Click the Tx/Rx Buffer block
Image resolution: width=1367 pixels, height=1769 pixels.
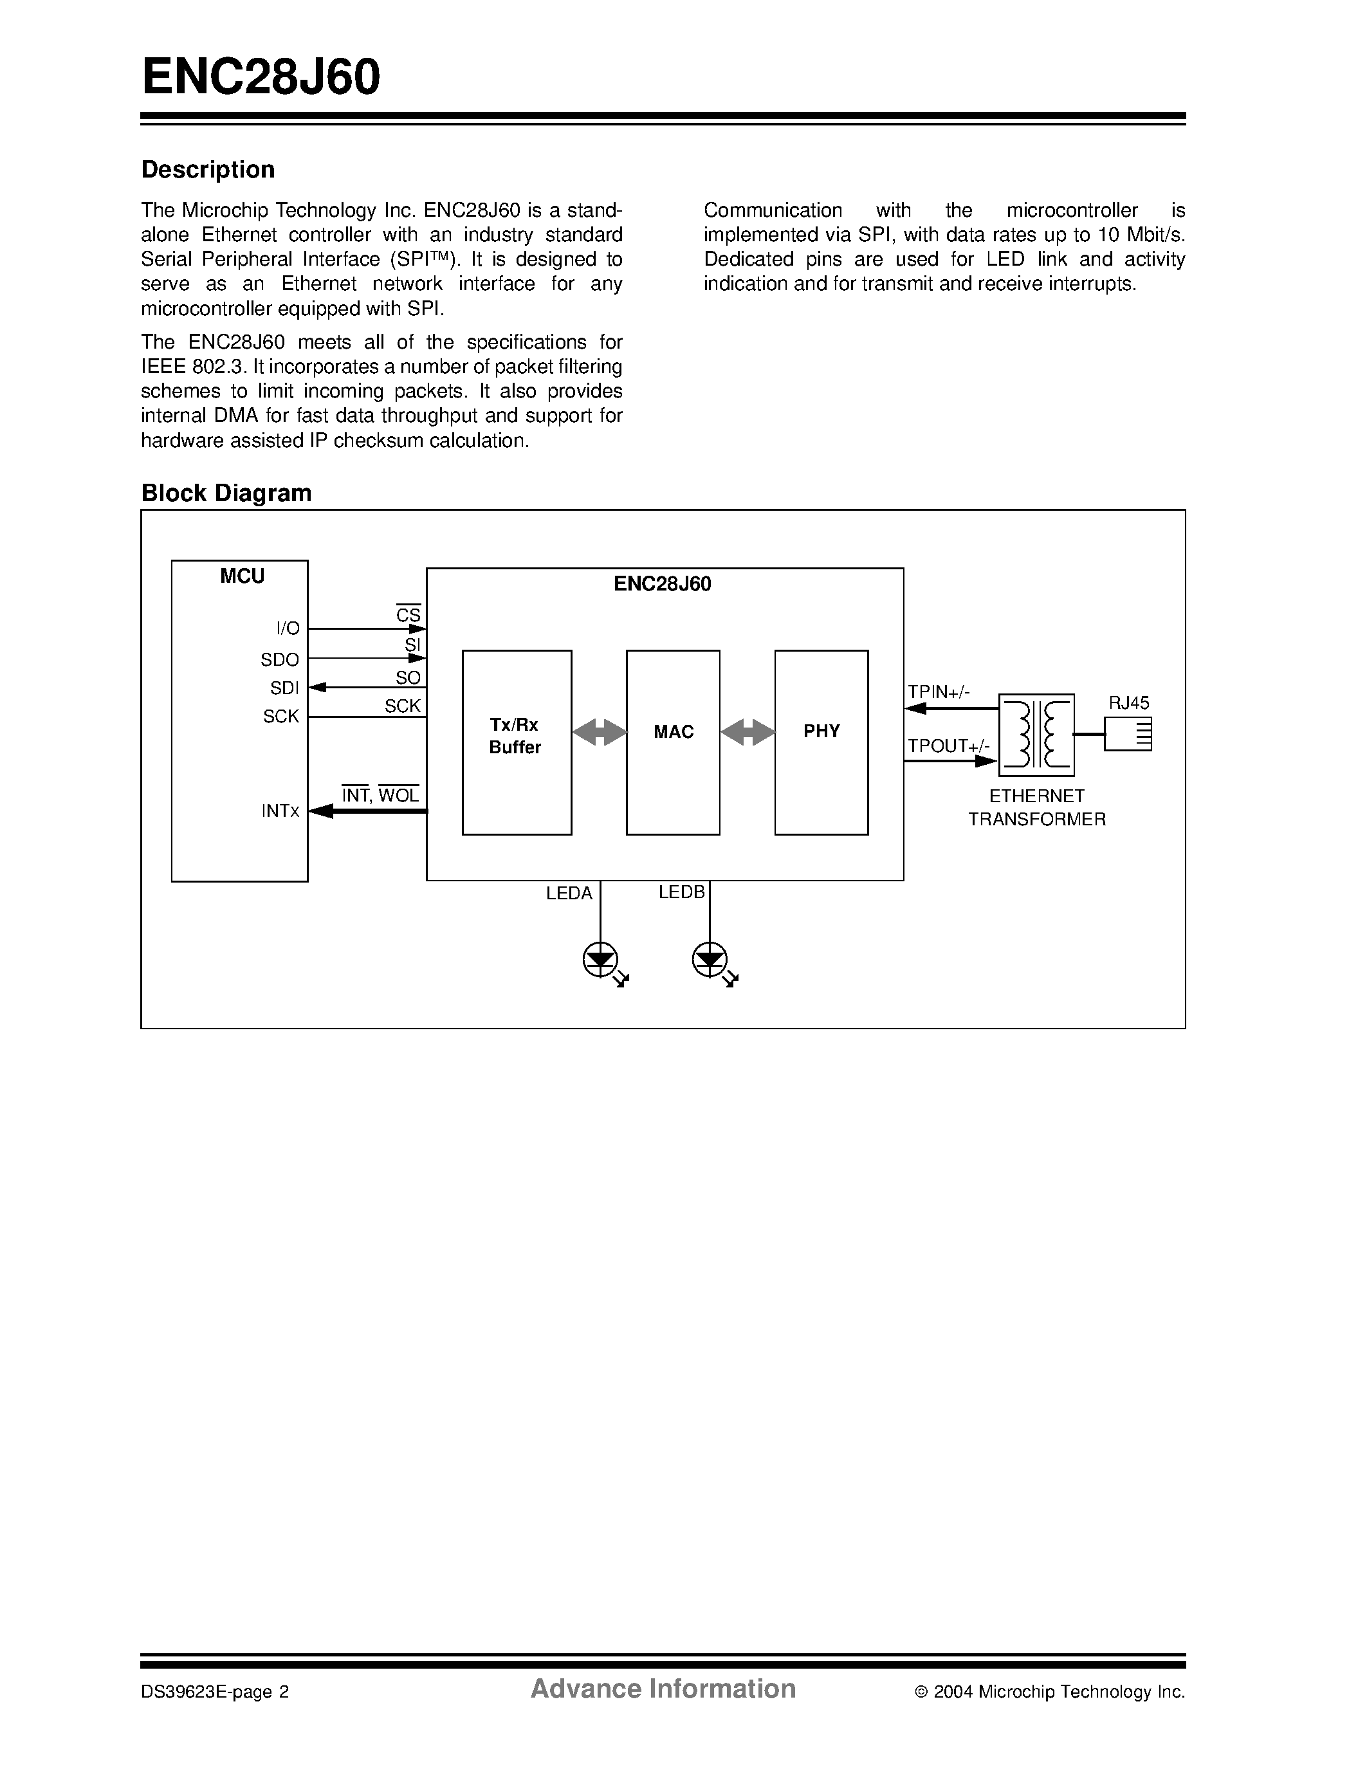tap(517, 742)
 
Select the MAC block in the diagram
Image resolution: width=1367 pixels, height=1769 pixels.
tap(673, 742)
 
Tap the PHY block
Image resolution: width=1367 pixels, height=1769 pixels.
tap(821, 742)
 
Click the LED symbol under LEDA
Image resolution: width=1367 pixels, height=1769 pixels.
tap(601, 962)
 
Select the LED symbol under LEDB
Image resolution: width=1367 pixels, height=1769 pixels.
tap(710, 962)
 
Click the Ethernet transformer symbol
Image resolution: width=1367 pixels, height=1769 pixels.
tap(1036, 735)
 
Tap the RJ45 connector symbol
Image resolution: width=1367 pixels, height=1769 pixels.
tap(1128, 735)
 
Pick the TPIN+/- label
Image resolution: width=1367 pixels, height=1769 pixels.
tap(939, 692)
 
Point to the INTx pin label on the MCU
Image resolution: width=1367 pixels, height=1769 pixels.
tap(280, 811)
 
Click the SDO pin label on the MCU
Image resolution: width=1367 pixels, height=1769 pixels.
tap(279, 660)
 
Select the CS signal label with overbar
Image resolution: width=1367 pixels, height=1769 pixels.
tap(408, 615)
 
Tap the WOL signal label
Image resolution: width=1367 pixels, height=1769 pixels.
tap(398, 795)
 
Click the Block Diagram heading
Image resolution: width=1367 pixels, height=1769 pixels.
tap(226, 493)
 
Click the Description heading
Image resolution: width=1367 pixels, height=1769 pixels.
tap(208, 169)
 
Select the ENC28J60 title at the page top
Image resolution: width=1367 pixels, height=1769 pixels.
tap(261, 77)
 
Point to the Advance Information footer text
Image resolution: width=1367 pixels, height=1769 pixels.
tap(663, 1688)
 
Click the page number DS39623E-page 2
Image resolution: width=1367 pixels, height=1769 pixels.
tap(215, 1691)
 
